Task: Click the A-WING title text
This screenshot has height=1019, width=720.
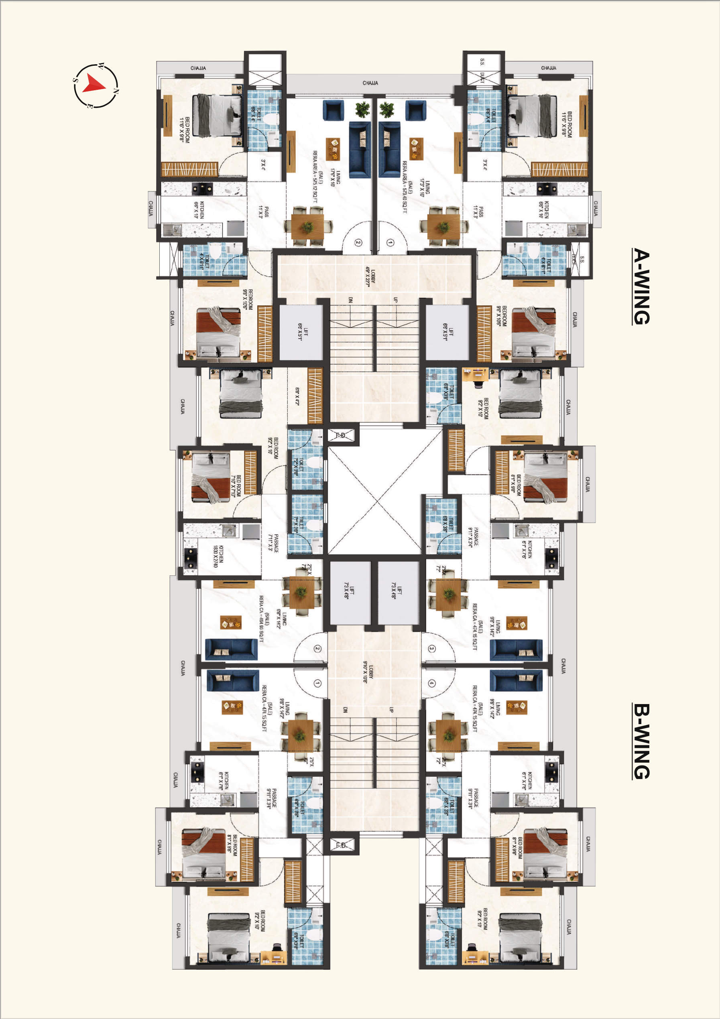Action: point(641,286)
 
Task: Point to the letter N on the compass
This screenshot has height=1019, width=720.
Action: point(116,91)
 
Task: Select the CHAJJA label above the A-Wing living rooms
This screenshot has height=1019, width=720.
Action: point(370,83)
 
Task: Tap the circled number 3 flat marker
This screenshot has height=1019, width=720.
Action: point(431,648)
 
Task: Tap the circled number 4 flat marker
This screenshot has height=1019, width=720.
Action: point(431,683)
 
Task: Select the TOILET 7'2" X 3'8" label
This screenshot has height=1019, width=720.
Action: point(298,467)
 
